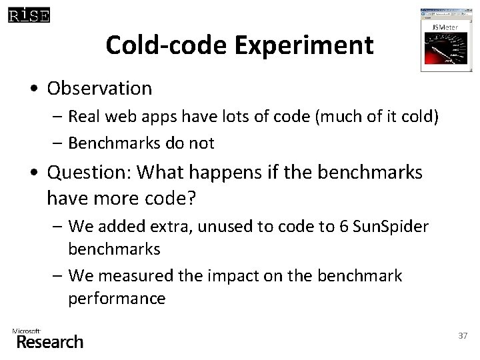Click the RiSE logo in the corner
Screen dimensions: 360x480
pos(28,14)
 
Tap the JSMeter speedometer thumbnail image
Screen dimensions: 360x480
pos(442,41)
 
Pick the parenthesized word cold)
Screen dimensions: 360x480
pos(418,117)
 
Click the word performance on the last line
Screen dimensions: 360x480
pos(116,298)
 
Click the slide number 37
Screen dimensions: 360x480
pos(463,335)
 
